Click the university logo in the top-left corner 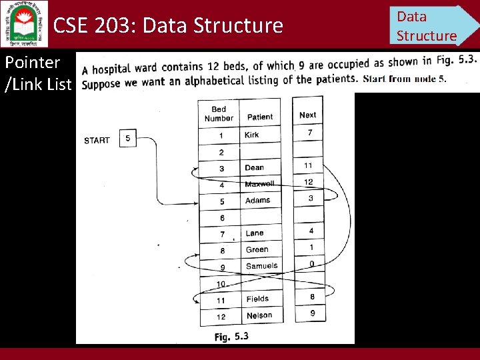[25, 24]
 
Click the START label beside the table [97, 140]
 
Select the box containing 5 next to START [127, 139]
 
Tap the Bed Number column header [219, 114]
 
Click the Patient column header [260, 117]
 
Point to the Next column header [307, 115]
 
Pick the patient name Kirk [252, 135]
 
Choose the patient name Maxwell [259, 184]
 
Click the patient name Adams [257, 200]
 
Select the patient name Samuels [261, 266]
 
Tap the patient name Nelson [259, 315]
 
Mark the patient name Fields [257, 299]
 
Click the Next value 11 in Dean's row [308, 165]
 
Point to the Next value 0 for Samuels [311, 264]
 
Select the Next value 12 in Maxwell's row [308, 182]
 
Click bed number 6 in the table [222, 218]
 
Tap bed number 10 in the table [221, 284]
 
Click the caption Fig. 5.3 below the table [231, 337]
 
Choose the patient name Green [257, 249]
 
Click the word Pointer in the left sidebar [32, 63]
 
